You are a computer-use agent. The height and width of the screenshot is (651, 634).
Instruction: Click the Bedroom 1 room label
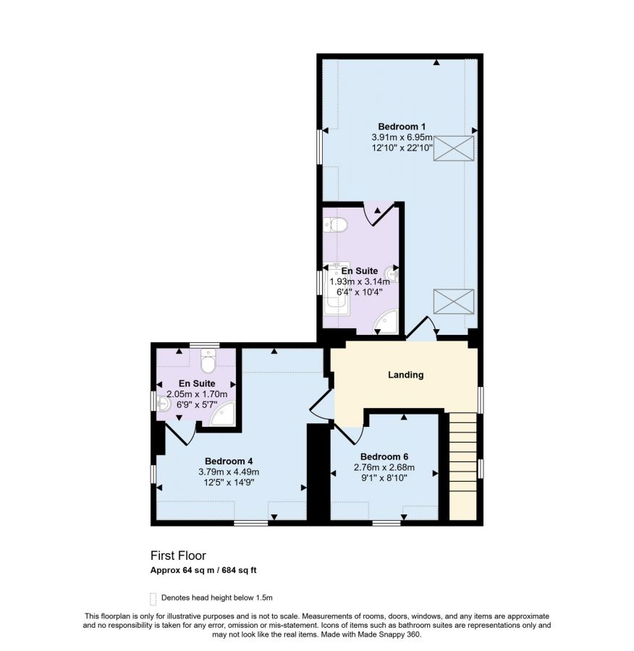pos(402,127)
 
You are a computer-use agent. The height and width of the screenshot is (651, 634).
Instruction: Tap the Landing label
pos(405,375)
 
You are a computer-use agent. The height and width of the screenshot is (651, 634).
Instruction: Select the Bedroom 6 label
pos(384,456)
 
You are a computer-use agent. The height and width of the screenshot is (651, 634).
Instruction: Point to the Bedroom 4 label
pos(229,461)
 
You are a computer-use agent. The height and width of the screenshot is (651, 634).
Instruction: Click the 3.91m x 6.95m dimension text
pos(402,137)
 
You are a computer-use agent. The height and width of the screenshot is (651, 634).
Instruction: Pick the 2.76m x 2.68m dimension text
pos(384,467)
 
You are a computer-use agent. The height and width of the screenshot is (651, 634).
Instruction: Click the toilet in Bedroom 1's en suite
pos(335,225)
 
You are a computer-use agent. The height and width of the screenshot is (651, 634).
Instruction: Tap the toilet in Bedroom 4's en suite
pos(208,361)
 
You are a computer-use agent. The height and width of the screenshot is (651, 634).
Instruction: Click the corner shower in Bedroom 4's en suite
pos(223,414)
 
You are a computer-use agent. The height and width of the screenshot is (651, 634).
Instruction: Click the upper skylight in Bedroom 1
pos(454,148)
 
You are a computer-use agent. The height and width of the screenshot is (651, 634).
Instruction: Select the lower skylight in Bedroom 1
pos(454,302)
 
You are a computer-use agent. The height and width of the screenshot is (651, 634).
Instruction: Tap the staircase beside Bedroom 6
pos(462,466)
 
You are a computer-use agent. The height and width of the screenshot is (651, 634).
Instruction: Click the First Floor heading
pos(178,556)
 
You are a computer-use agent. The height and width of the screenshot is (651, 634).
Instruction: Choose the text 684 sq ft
pos(240,571)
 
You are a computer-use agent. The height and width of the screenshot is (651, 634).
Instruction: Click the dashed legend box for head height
pos(153,599)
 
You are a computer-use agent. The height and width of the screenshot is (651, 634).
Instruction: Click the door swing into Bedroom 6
pos(350,434)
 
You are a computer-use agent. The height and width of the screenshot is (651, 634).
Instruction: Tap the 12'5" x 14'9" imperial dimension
pos(229,482)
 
